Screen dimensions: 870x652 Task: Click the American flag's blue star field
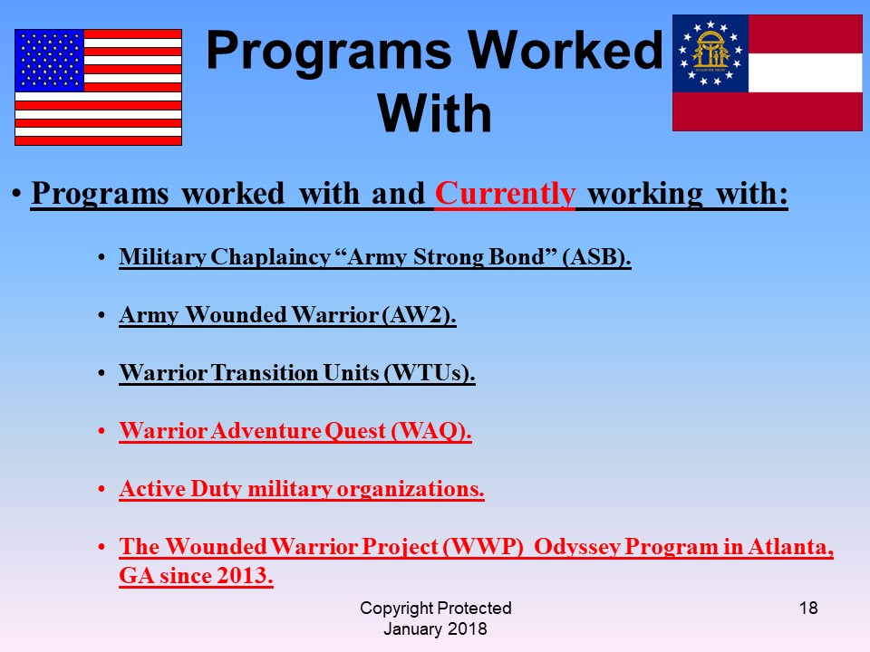[x=49, y=61]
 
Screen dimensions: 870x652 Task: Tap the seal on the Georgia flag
[x=710, y=53]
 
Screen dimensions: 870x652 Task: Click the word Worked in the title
[x=565, y=51]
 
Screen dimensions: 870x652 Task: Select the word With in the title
[x=435, y=113]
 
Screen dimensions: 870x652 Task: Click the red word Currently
[x=505, y=194]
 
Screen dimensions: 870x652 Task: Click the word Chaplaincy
[x=271, y=257]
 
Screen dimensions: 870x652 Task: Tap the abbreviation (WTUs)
[x=430, y=372]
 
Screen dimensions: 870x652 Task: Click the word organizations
[x=411, y=489]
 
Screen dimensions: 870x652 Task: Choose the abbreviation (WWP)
[x=483, y=547]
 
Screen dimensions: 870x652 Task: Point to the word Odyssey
[x=577, y=547]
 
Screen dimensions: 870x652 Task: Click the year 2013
[x=245, y=576]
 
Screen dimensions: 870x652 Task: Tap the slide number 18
[x=808, y=609]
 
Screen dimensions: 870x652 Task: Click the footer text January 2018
[x=435, y=628]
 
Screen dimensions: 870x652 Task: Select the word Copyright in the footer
[x=395, y=609]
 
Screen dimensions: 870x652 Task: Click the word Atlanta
[x=790, y=547]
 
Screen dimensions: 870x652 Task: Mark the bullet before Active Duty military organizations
[x=101, y=490]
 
